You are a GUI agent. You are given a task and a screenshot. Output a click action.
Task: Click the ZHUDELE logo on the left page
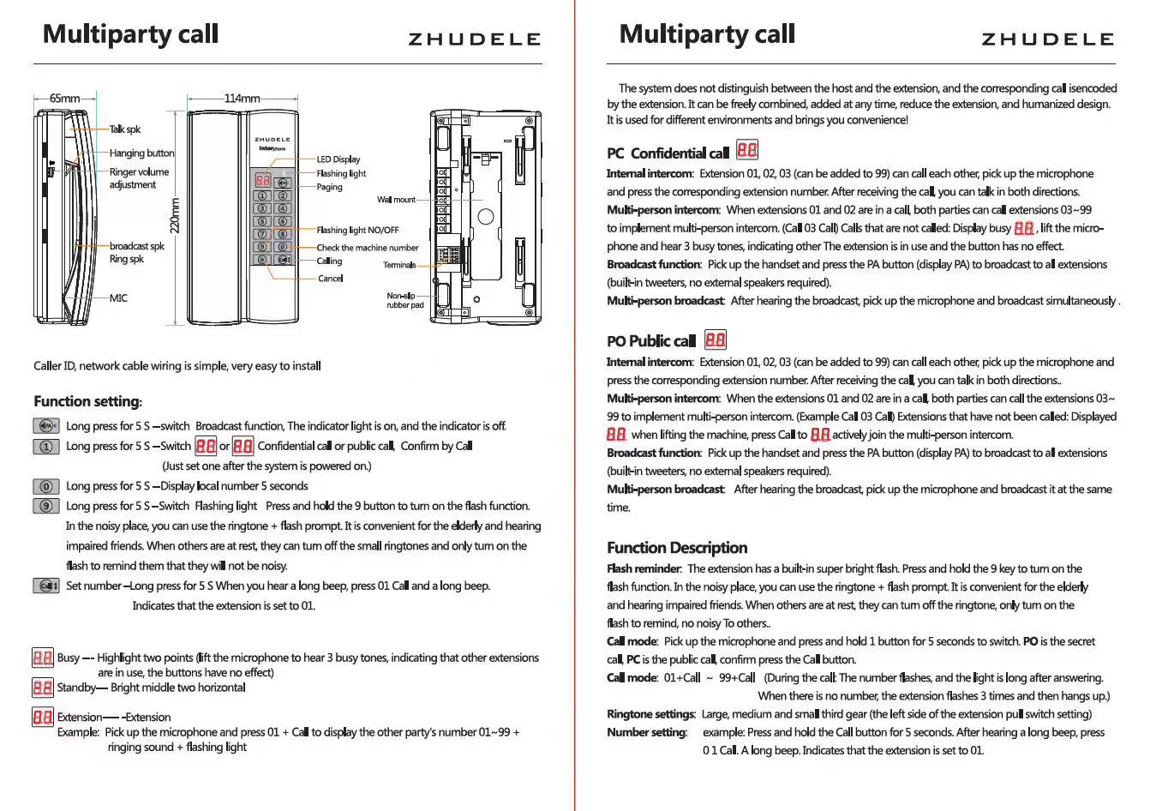(474, 39)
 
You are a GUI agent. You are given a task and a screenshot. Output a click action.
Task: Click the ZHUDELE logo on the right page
(1047, 39)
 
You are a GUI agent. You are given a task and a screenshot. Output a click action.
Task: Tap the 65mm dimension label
(64, 99)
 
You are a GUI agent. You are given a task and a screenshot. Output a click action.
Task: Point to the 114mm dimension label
(242, 99)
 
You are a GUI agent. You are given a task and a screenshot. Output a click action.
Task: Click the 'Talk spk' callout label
(125, 129)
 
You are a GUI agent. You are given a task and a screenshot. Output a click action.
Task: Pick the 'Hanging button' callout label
(141, 153)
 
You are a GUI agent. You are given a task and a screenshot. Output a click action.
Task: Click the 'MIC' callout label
(118, 298)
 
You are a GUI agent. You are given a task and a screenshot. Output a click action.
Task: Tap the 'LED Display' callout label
(338, 159)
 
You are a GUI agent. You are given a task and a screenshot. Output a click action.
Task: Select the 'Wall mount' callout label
(396, 200)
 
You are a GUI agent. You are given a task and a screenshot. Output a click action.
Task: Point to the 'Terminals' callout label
(399, 265)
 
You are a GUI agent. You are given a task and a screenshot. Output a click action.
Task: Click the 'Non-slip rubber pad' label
(404, 300)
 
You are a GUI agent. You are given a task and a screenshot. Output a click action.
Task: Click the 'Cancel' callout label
(330, 279)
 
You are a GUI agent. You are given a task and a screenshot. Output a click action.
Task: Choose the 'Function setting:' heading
(88, 401)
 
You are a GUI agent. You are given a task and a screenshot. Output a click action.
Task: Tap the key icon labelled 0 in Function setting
(46, 486)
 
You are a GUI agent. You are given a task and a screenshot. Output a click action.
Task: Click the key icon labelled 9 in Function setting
(46, 506)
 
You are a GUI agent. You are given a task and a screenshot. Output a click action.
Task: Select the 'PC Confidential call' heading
(668, 153)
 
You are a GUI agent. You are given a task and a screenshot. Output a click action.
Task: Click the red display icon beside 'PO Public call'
(716, 340)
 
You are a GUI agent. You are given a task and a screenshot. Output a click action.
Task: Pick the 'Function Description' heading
(677, 548)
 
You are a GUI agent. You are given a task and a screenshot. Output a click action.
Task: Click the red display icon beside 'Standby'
(42, 688)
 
